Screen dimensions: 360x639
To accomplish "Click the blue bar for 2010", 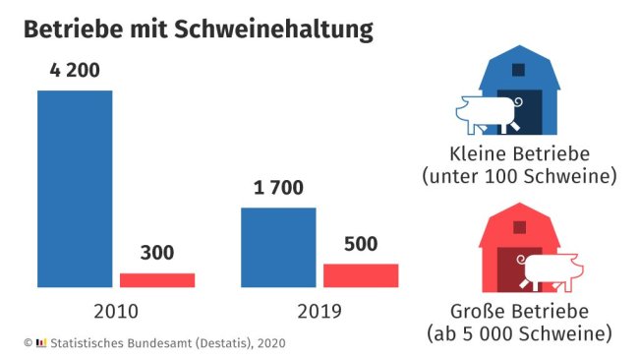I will click(x=75, y=188).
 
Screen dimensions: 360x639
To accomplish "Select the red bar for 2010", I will click(x=157, y=279).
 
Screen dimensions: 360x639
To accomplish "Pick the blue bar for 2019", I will click(x=279, y=247).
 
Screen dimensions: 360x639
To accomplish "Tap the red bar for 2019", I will click(x=361, y=275).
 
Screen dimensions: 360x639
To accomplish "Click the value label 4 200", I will click(x=75, y=71).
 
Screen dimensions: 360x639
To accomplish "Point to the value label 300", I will click(x=157, y=253).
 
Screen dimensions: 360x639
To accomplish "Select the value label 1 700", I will click(x=279, y=188).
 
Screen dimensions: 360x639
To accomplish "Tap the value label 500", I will click(x=361, y=243).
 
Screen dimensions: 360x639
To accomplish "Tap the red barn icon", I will click(x=519, y=251).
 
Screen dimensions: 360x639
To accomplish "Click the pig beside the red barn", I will click(x=551, y=269).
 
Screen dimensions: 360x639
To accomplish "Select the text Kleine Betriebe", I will click(x=518, y=154).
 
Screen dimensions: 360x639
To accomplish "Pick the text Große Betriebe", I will click(x=518, y=313).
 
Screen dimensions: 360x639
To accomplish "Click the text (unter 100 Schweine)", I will click(x=518, y=177).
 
